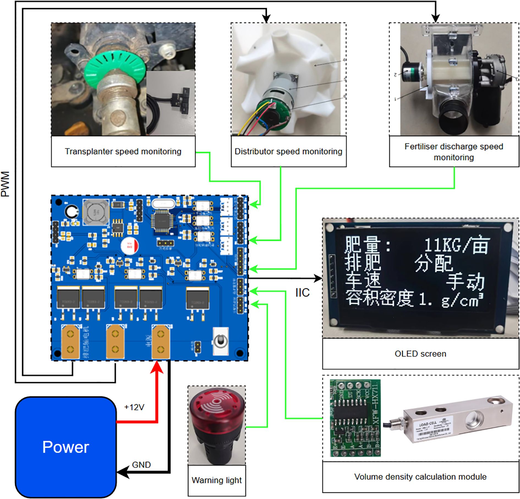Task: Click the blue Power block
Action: pyautogui.click(x=65, y=447)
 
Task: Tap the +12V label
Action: pyautogui.click(x=134, y=407)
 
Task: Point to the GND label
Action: pyautogui.click(x=141, y=465)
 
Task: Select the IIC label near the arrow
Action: pyautogui.click(x=302, y=293)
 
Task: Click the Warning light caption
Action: pyautogui.click(x=217, y=480)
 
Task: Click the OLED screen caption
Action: pyautogui.click(x=420, y=353)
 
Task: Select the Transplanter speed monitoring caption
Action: pyautogui.click(x=123, y=151)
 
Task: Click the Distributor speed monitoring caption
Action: pyautogui.click(x=288, y=151)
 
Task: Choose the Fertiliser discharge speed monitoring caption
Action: pyautogui.click(x=454, y=152)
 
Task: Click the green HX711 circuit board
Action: pyautogui.click(x=355, y=418)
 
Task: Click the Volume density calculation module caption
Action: pyautogui.click(x=420, y=477)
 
